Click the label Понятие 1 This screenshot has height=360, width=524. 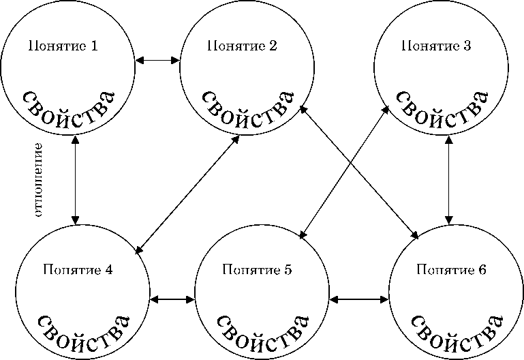click(63, 47)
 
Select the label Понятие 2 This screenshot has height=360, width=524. click(241, 46)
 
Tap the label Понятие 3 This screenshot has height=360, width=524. click(436, 46)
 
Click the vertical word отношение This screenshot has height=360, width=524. click(38, 179)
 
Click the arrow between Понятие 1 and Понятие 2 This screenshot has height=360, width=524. click(157, 61)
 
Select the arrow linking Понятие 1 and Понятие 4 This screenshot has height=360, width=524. click(74, 179)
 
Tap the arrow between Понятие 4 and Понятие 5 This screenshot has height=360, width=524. click(172, 299)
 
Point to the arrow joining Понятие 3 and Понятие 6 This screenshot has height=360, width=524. click(448, 179)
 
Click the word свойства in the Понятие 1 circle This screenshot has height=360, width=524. click(68, 106)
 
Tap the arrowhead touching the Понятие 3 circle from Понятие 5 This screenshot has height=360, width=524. click(386, 112)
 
